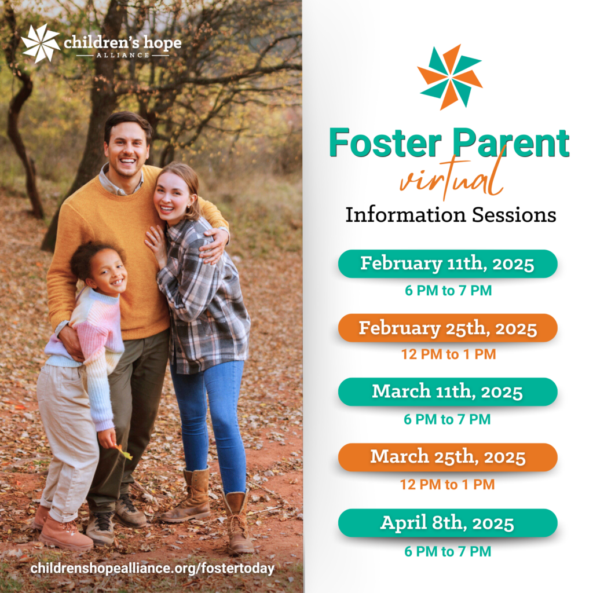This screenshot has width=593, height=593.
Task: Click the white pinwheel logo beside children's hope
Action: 41,43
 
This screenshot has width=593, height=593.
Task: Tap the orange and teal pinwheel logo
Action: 450,76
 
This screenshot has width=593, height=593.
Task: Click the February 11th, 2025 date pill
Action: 447,263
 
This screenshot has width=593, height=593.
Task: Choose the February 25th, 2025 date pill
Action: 447,328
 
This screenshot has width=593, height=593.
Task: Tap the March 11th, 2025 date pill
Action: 447,391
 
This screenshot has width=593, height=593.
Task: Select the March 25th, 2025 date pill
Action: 447,457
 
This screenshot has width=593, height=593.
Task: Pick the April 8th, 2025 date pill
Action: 447,523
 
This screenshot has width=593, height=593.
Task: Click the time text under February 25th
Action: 448,354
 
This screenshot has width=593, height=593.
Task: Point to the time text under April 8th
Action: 447,551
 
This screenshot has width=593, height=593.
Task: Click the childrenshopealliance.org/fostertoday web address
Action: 152,569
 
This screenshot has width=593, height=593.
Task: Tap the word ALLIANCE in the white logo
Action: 122,55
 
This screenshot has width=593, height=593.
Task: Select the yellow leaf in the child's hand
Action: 125,452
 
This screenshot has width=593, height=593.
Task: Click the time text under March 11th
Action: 447,419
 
